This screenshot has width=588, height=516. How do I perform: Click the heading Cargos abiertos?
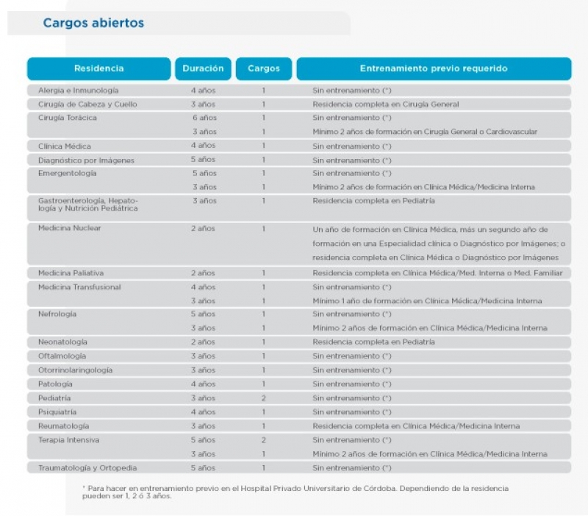pyautogui.click(x=93, y=23)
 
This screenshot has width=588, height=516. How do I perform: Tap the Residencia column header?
pyautogui.click(x=99, y=68)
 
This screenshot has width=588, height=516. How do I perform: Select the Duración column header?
pyautogui.click(x=203, y=68)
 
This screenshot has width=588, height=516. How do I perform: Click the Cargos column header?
pyautogui.click(x=264, y=68)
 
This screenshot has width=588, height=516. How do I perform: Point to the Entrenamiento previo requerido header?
pyautogui.click(x=434, y=68)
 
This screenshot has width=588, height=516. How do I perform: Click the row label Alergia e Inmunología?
pyautogui.click(x=79, y=91)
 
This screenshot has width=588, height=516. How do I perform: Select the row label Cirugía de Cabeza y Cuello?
pyautogui.click(x=87, y=105)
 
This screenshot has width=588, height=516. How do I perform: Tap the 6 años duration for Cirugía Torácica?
pyautogui.click(x=205, y=118)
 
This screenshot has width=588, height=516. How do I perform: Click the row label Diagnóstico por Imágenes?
pyautogui.click(x=86, y=160)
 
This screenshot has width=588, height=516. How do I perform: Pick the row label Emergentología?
pyautogui.click(x=67, y=174)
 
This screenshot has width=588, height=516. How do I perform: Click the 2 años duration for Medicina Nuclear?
pyautogui.click(x=203, y=229)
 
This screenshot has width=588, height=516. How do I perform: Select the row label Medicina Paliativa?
pyautogui.click(x=71, y=273)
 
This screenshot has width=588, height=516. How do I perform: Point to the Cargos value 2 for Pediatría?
pyautogui.click(x=264, y=398)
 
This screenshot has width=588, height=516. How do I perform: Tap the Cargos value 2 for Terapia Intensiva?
pyautogui.click(x=264, y=440)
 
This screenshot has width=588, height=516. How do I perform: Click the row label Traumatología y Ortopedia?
pyautogui.click(x=87, y=468)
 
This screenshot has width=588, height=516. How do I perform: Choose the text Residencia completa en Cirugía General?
pyautogui.click(x=385, y=105)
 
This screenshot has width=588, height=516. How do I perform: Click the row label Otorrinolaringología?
pyautogui.click(x=75, y=370)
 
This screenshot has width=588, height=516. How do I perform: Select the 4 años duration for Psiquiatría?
pyautogui.click(x=204, y=412)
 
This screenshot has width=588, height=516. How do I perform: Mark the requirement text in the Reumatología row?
pyautogui.click(x=416, y=426)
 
